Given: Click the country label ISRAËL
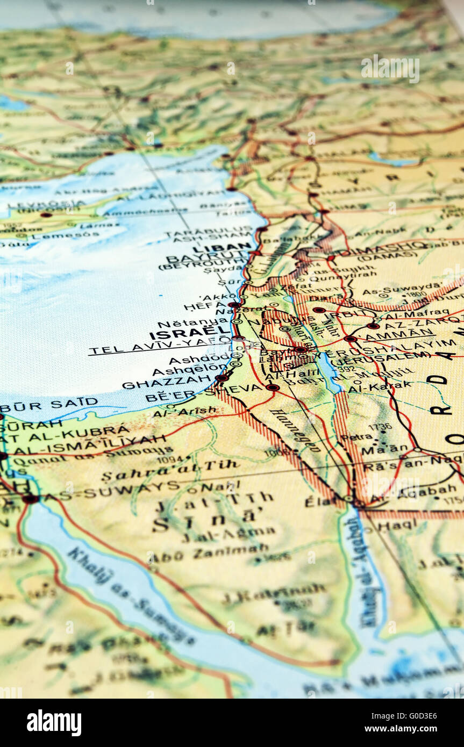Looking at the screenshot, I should click(x=186, y=334).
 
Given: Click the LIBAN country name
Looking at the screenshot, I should click(x=222, y=248).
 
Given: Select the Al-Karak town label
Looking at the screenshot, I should click(x=380, y=385).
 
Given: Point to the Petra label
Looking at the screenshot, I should click(x=356, y=437).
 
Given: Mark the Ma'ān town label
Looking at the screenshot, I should click(x=384, y=449).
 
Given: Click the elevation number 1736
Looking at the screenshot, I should click(x=380, y=427).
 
